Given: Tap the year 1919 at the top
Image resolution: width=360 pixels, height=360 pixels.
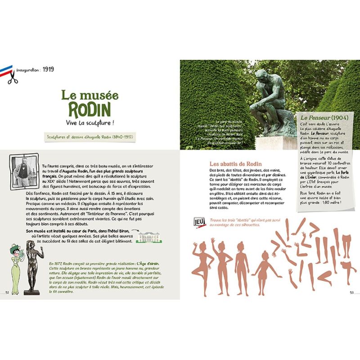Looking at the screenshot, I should (x=49, y=70).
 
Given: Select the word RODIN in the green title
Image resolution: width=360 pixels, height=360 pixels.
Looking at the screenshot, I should (x=90, y=109).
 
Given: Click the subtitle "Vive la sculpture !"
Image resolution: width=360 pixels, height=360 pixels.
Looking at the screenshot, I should (x=90, y=122).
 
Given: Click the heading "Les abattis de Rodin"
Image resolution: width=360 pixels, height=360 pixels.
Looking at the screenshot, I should (x=236, y=164).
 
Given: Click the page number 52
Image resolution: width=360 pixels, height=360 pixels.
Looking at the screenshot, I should (x=7, y=292).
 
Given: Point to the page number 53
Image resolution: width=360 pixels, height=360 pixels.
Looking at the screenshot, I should (x=352, y=292).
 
